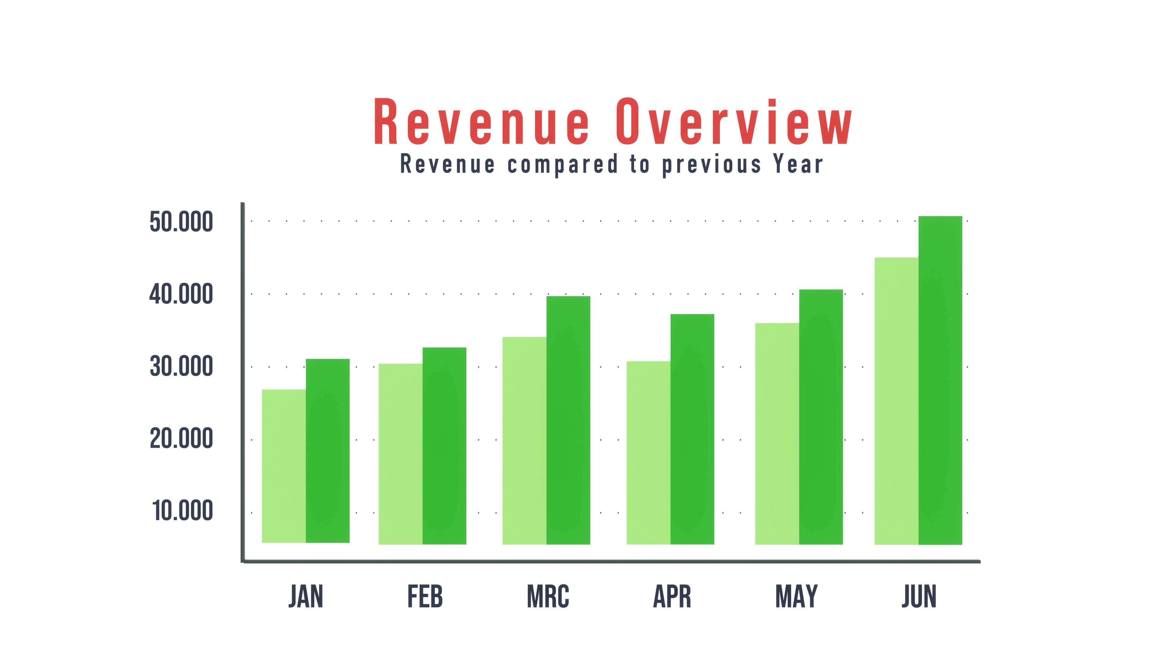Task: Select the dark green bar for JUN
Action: click(x=940, y=380)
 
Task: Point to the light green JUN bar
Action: click(x=896, y=400)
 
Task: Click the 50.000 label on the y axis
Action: click(x=181, y=222)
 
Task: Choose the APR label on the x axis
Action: click(x=672, y=597)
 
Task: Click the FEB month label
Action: click(x=425, y=597)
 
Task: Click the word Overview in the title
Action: click(x=733, y=122)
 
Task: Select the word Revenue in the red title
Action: click(x=482, y=122)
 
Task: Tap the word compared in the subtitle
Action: click(x=562, y=165)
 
